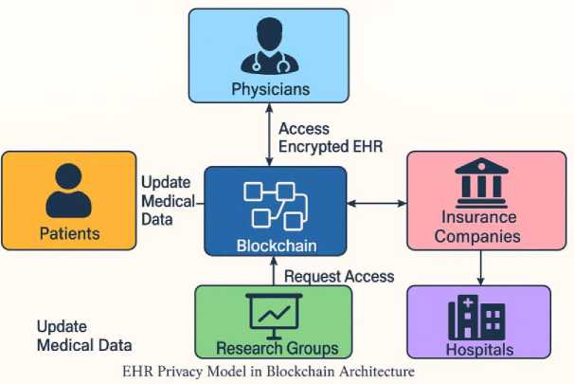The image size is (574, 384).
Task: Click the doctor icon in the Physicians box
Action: point(269,47)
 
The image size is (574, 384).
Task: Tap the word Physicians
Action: point(269,90)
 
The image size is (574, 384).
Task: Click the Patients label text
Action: point(68,232)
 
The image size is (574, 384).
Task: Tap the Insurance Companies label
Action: point(479,226)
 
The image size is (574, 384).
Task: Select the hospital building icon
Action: point(476,316)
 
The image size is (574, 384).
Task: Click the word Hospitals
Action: point(477,348)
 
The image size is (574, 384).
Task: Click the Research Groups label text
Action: point(273,348)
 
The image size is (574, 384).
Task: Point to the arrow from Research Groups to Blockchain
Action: point(274,272)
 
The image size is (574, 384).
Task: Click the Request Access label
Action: point(339,276)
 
